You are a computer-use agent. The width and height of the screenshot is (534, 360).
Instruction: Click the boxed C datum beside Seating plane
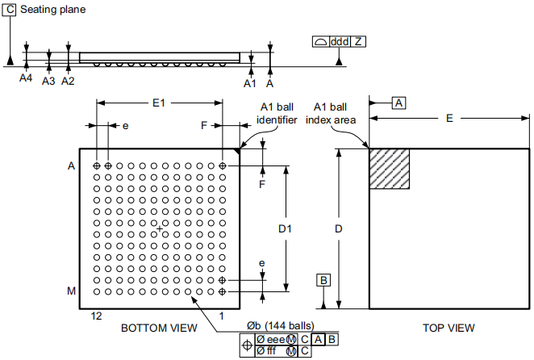pyautogui.click(x=10, y=9)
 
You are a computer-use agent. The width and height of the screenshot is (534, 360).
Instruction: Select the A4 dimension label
pyautogui.click(x=26, y=79)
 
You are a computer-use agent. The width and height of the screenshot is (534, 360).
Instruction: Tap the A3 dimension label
pyautogui.click(x=48, y=81)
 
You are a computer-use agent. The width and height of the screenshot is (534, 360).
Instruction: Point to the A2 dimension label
pyautogui.click(x=68, y=81)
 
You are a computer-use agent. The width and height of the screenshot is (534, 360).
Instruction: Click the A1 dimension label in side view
pyautogui.click(x=250, y=83)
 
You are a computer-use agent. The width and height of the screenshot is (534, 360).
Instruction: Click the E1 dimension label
pyautogui.click(x=159, y=103)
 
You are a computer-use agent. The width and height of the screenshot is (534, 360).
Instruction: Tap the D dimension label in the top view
pyautogui.click(x=339, y=229)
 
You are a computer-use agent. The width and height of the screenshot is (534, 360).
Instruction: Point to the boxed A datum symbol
pyautogui.click(x=399, y=103)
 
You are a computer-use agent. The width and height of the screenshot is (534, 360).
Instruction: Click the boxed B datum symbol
pyautogui.click(x=323, y=280)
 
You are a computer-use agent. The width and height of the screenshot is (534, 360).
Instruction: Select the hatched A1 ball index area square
pyautogui.click(x=390, y=169)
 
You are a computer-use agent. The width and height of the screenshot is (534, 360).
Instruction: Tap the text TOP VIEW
pyautogui.click(x=448, y=328)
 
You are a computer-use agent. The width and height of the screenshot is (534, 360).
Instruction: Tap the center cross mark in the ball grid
pyautogui.click(x=160, y=229)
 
